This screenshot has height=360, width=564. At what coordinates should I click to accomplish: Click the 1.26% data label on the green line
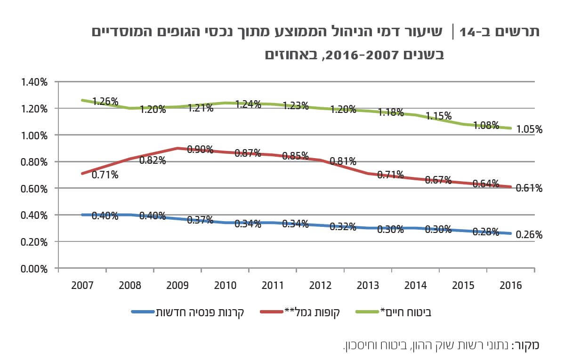pyautogui.click(x=105, y=102)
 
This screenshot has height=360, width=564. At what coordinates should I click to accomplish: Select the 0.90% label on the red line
pyautogui.click(x=200, y=150)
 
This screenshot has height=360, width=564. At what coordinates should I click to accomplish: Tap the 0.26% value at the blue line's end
pyautogui.click(x=529, y=235)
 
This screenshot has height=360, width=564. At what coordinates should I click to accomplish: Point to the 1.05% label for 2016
pyautogui.click(x=529, y=130)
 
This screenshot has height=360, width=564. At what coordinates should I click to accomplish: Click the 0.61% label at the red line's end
pyautogui.click(x=529, y=188)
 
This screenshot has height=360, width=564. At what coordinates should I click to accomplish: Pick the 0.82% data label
pyautogui.click(x=153, y=160)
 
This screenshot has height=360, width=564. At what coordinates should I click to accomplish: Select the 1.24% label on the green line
pyautogui.click(x=248, y=104)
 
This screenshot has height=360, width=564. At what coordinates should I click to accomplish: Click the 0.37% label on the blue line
pyautogui.click(x=200, y=220)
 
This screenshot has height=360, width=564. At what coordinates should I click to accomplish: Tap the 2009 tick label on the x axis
pyautogui.click(x=177, y=286)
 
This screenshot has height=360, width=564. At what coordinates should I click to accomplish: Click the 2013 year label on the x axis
pyautogui.click(x=368, y=286)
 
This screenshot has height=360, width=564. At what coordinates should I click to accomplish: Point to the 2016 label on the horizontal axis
pyautogui.click(x=510, y=286)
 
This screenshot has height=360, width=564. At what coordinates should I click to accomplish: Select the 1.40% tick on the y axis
pyautogui.click(x=34, y=82)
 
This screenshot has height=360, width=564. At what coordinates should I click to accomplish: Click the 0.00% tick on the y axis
pyautogui.click(x=34, y=269)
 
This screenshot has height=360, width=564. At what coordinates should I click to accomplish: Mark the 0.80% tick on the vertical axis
pyautogui.click(x=34, y=162)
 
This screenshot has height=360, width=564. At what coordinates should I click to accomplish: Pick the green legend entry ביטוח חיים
pyautogui.click(x=408, y=312)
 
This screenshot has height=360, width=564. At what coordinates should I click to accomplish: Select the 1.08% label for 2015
pyautogui.click(x=486, y=125)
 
